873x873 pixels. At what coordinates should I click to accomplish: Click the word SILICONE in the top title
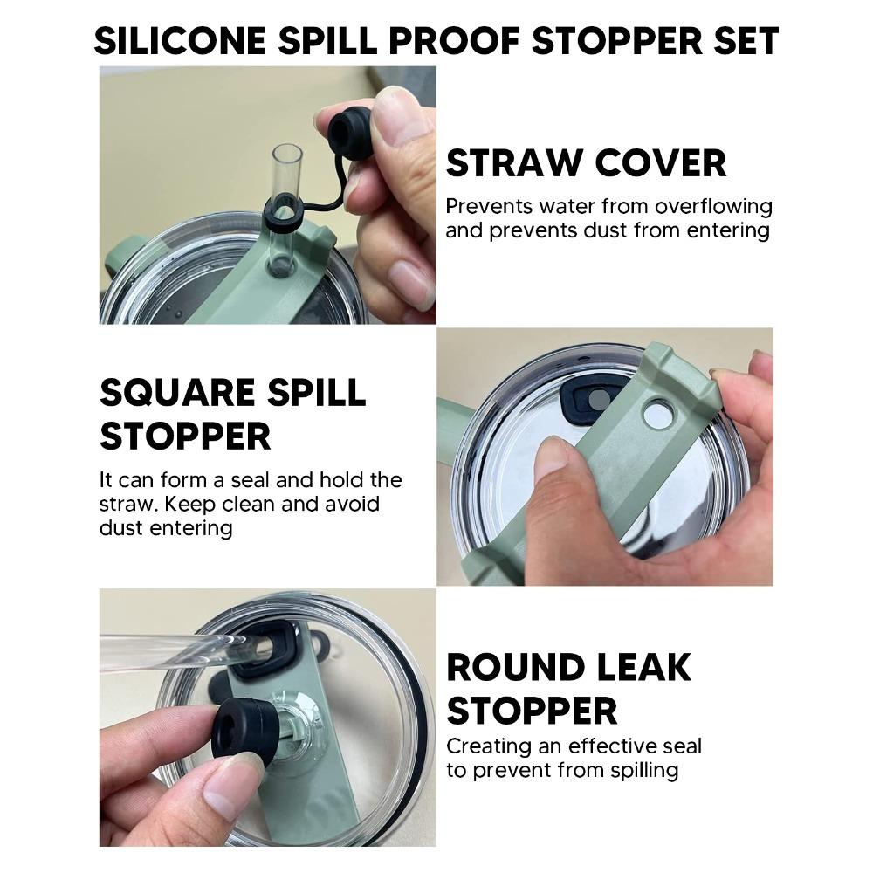(180, 41)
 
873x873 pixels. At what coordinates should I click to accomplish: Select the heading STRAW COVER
(587, 162)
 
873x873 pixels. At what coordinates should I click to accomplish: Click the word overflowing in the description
(714, 206)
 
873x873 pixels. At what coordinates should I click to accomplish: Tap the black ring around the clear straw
(283, 210)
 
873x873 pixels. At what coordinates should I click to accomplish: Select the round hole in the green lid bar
(657, 416)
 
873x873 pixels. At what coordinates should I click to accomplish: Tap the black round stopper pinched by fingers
(242, 730)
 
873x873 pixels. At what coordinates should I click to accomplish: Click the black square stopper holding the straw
(264, 650)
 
